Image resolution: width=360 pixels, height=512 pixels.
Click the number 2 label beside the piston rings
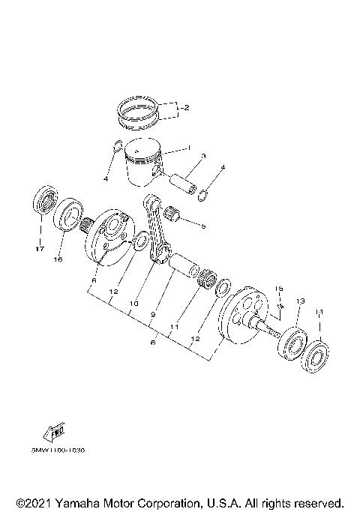click(185, 108)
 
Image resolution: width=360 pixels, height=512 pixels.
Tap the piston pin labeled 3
click(184, 182)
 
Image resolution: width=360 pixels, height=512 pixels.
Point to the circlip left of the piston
click(115, 147)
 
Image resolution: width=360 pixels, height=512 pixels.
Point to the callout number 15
click(277, 289)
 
